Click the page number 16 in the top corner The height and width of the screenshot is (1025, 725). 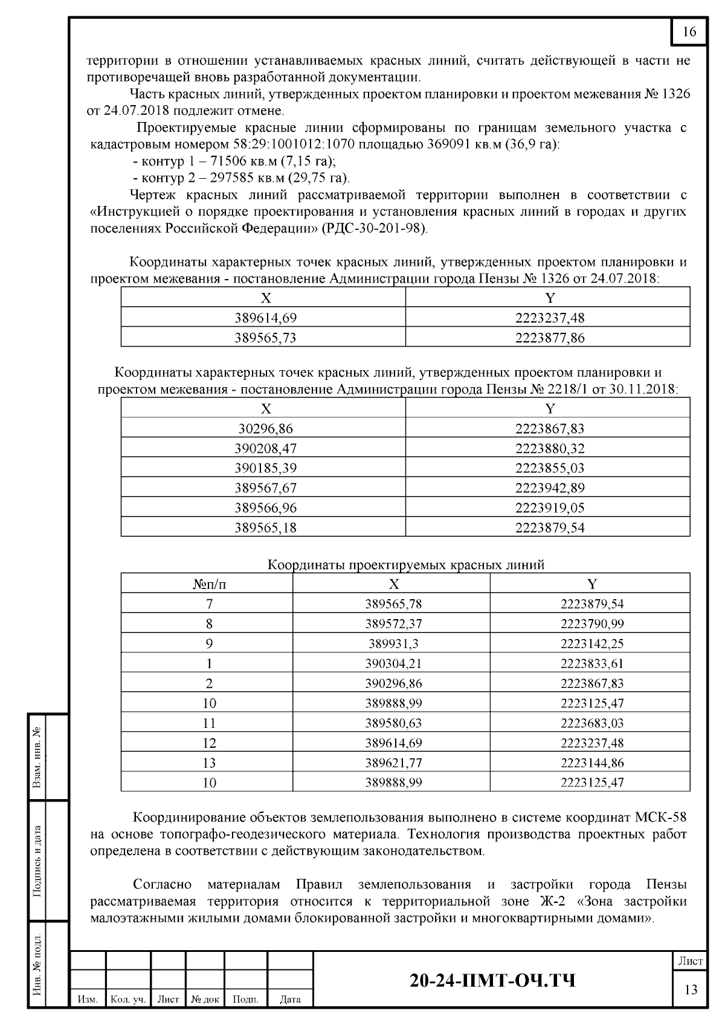689,32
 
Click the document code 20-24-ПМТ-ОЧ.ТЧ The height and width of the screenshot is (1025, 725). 492,980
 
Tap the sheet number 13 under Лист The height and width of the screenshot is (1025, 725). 690,989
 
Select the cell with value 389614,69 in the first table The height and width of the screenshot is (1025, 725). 265,318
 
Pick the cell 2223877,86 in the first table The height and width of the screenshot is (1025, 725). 549,338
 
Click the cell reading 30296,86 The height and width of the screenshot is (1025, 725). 265,429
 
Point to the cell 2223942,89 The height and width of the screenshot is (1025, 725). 549,488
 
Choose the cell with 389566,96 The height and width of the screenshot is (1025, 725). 265,508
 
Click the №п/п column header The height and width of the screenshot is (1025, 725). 209,584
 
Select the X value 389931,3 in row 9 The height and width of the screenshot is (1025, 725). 393,644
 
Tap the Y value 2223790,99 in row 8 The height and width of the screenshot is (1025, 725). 591,624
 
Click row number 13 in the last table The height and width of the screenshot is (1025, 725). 209,763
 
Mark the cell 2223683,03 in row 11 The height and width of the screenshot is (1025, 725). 591,723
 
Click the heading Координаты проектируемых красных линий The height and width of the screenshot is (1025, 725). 405,565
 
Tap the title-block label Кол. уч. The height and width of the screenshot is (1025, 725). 128,1000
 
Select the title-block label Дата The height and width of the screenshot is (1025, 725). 291,1000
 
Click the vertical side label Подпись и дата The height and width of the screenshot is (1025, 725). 37,861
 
